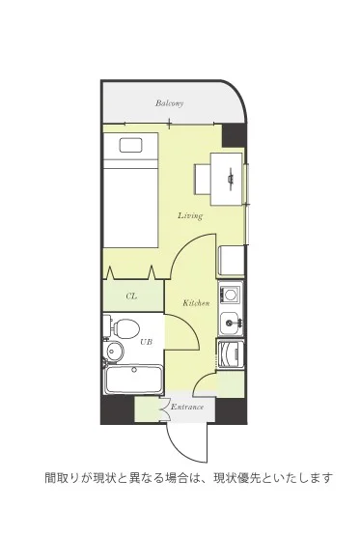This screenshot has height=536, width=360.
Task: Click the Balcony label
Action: tap(170, 103)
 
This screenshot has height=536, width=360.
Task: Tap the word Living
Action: tap(190, 215)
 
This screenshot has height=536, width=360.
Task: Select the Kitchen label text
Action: tap(196, 303)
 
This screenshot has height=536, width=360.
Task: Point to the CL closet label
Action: tap(131, 296)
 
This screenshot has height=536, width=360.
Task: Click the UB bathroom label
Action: tap(146, 342)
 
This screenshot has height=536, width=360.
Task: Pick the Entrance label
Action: tap(187, 407)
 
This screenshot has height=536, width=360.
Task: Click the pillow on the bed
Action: tap(130, 145)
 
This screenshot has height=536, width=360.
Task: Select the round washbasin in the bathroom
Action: tap(114, 350)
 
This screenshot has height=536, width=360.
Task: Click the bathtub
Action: tap(133, 380)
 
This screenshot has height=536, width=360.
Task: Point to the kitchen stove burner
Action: tap(231, 294)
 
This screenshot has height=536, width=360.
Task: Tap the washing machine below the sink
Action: tap(231, 354)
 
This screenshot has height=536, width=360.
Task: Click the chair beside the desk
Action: tap(203, 180)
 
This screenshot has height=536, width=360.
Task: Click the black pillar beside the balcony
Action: tap(234, 135)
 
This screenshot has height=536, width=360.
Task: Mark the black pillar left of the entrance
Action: tap(117, 409)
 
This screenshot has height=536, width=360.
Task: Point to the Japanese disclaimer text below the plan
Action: tap(189, 477)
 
